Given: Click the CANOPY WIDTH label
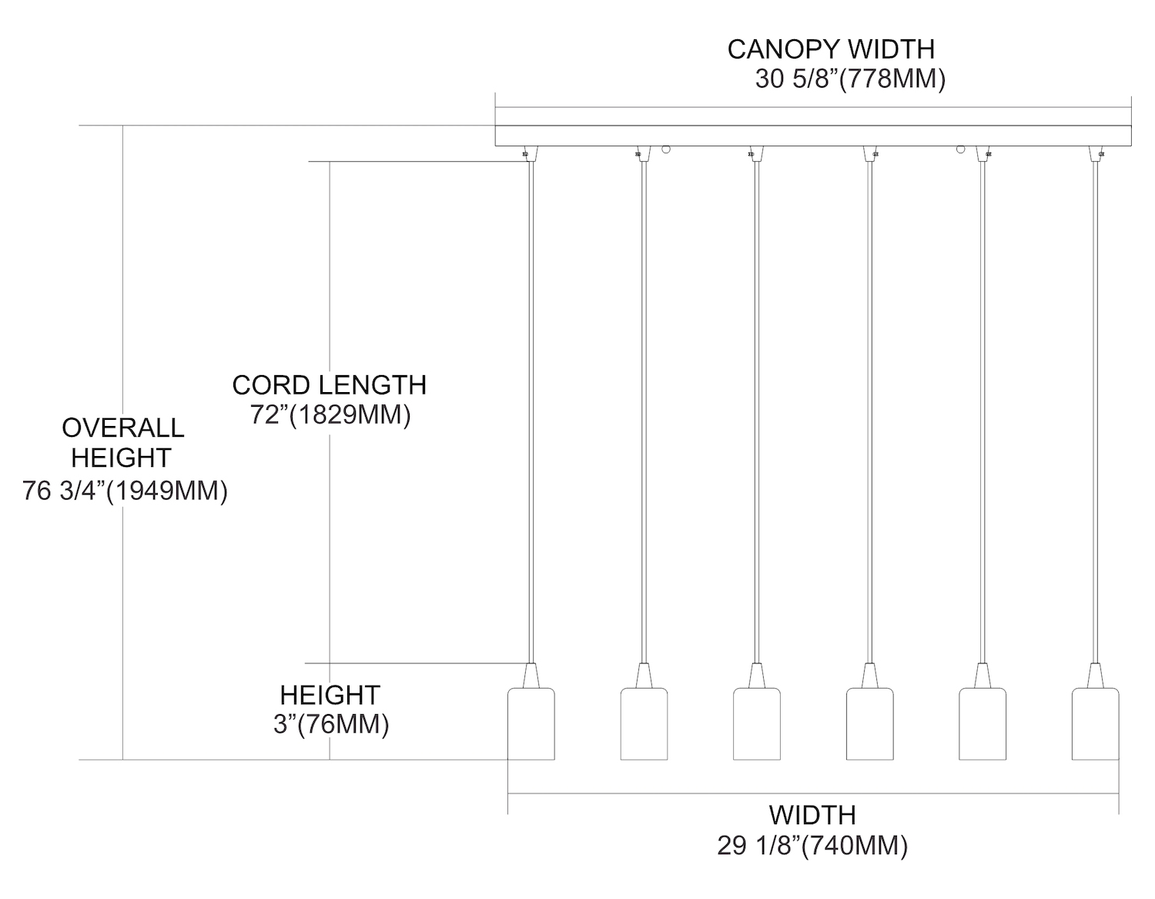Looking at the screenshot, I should tap(830, 49).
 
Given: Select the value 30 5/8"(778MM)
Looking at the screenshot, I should tap(849, 79).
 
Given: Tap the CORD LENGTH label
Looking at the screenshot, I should tap(329, 385).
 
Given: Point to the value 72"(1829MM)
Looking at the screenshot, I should tap(330, 415).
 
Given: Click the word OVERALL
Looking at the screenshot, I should tap(123, 428).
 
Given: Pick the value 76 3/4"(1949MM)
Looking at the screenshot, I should tap(125, 491).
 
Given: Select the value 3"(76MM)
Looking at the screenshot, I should tap(330, 725).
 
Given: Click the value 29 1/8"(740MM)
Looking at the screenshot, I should tap(812, 846).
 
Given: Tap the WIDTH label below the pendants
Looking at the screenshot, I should tap(812, 815).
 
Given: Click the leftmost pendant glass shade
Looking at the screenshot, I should tap(531, 724).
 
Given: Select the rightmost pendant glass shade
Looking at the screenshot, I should tap(1095, 724).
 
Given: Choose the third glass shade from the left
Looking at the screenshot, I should tap(757, 724).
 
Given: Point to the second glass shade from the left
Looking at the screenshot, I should tap(644, 724).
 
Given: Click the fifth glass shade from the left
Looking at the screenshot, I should tap(983, 724).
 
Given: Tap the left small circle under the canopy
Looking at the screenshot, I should tap(668, 149).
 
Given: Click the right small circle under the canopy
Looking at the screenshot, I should tap(961, 149).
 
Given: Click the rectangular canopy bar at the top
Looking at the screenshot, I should tap(812, 136).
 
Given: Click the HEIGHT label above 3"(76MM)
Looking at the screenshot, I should tap(330, 695).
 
